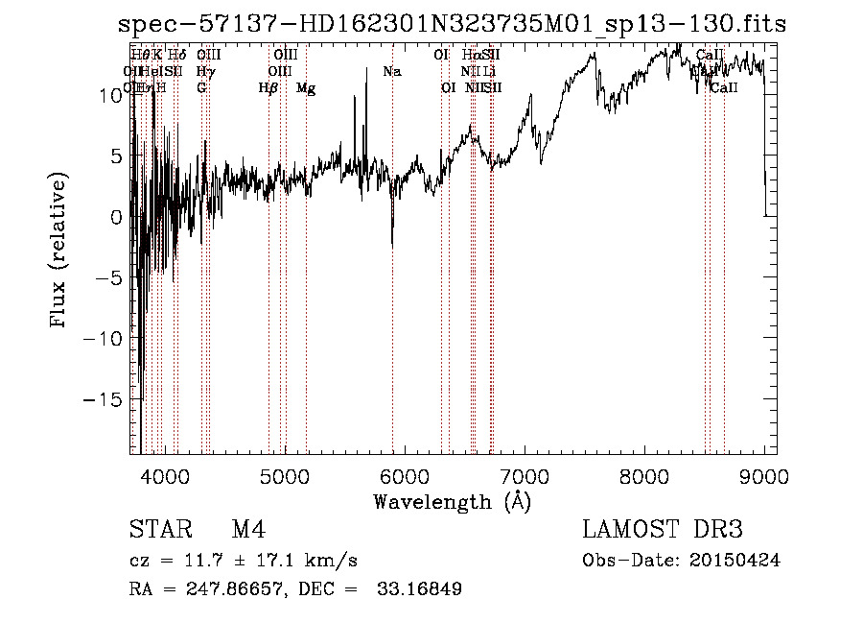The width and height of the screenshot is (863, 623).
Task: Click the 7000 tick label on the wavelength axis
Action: pyautogui.click(x=525, y=476)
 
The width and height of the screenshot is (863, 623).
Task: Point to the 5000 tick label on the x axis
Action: pyautogui.click(x=284, y=476)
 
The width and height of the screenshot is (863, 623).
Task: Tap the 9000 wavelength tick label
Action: pyautogui.click(x=764, y=476)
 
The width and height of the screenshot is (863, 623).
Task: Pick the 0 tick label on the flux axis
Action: pyautogui.click(x=116, y=217)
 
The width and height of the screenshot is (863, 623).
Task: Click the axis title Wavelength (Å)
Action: pyautogui.click(x=452, y=501)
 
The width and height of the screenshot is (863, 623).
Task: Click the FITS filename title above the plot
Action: pyautogui.click(x=453, y=24)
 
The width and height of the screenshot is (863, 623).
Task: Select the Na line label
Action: pyautogui.click(x=391, y=72)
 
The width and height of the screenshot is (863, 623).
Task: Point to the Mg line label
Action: pyautogui.click(x=306, y=88)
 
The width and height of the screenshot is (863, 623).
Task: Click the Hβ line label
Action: pyautogui.click(x=268, y=88)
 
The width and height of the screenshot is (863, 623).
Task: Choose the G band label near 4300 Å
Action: pyautogui.click(x=201, y=88)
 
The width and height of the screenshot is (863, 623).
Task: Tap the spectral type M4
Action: pyautogui.click(x=248, y=531)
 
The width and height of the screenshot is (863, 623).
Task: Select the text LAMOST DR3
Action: pyautogui.click(x=663, y=531)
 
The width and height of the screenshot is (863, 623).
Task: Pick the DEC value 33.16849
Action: pyautogui.click(x=421, y=589)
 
